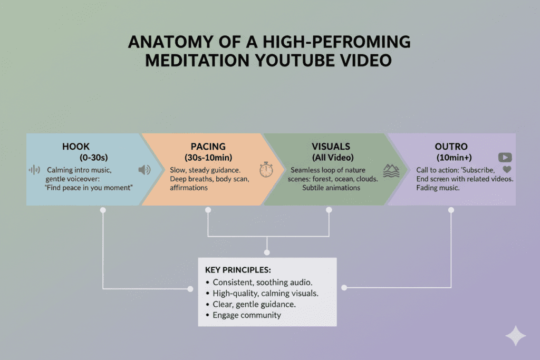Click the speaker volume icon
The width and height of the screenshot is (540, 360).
tap(144, 170)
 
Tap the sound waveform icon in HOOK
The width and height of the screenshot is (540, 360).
tap(34, 170)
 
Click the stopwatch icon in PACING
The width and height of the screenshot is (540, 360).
tap(265, 170)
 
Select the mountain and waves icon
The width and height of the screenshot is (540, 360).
tap(391, 170)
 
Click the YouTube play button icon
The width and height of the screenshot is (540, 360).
tap(505, 157)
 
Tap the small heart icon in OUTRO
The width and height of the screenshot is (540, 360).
tap(507, 170)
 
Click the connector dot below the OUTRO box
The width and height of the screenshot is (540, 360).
tap(451, 210)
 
